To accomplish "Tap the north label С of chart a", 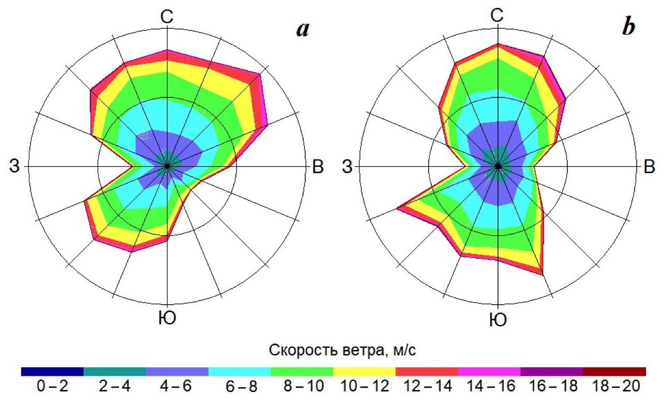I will (167, 17).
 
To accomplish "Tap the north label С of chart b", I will (497, 16).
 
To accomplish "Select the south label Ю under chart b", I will (497, 319).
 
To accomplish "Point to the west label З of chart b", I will (347, 167).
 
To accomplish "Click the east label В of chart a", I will (318, 167).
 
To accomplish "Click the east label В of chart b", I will (649, 167).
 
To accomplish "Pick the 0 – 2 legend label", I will (51, 387).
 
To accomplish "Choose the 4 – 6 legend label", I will (177, 387).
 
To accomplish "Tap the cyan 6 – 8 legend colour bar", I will (240, 371).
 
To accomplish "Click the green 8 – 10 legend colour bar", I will (302, 371).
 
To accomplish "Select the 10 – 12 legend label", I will (364, 387).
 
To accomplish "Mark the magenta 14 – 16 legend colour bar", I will (489, 371).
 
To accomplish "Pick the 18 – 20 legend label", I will (615, 387).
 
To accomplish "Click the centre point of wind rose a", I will (167, 166).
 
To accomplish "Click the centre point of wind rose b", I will (498, 167).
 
